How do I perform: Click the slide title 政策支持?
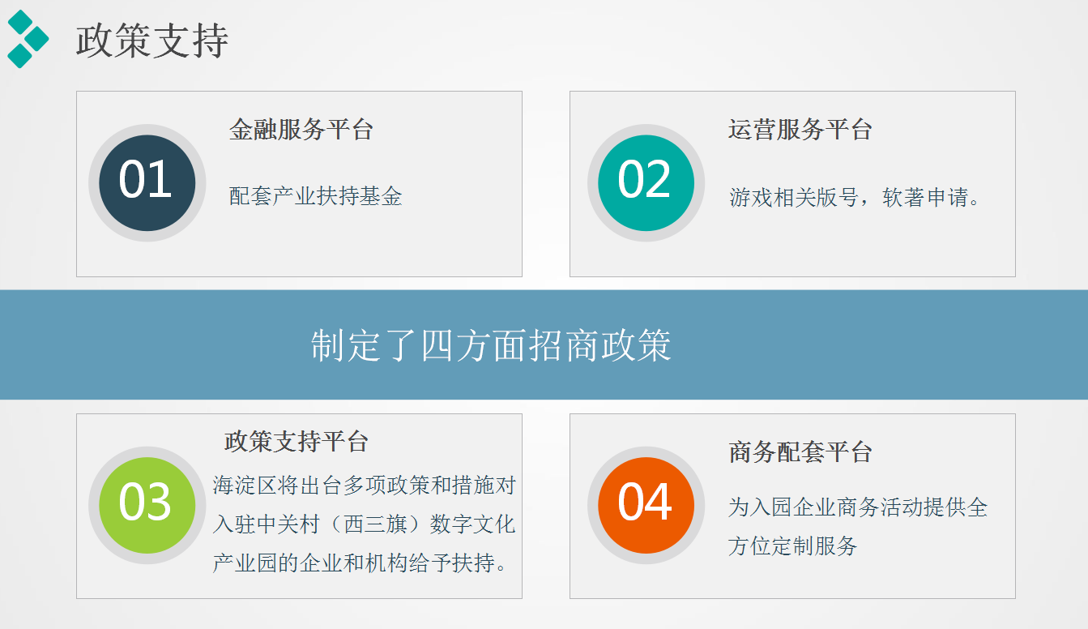tap(152, 41)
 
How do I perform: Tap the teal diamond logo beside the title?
tap(28, 39)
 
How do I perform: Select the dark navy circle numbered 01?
tap(147, 182)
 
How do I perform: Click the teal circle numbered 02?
tap(646, 182)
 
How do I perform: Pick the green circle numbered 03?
tap(147, 505)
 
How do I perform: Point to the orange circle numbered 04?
tap(646, 505)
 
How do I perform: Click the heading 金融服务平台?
tap(301, 130)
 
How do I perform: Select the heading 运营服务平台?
tap(800, 130)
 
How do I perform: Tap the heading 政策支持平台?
tap(297, 442)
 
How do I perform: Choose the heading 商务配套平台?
tap(800, 452)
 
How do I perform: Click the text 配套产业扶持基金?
tap(316, 196)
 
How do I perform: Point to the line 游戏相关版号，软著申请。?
tap(855, 197)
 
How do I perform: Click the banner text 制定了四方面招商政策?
tap(491, 345)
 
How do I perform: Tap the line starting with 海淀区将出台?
tap(364, 485)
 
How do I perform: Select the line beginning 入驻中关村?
tap(364, 524)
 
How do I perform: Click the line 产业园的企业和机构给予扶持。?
tap(361, 563)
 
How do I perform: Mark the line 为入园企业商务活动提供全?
tap(858, 507)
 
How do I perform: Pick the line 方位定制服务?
tap(792, 546)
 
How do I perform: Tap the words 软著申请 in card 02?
tap(925, 197)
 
